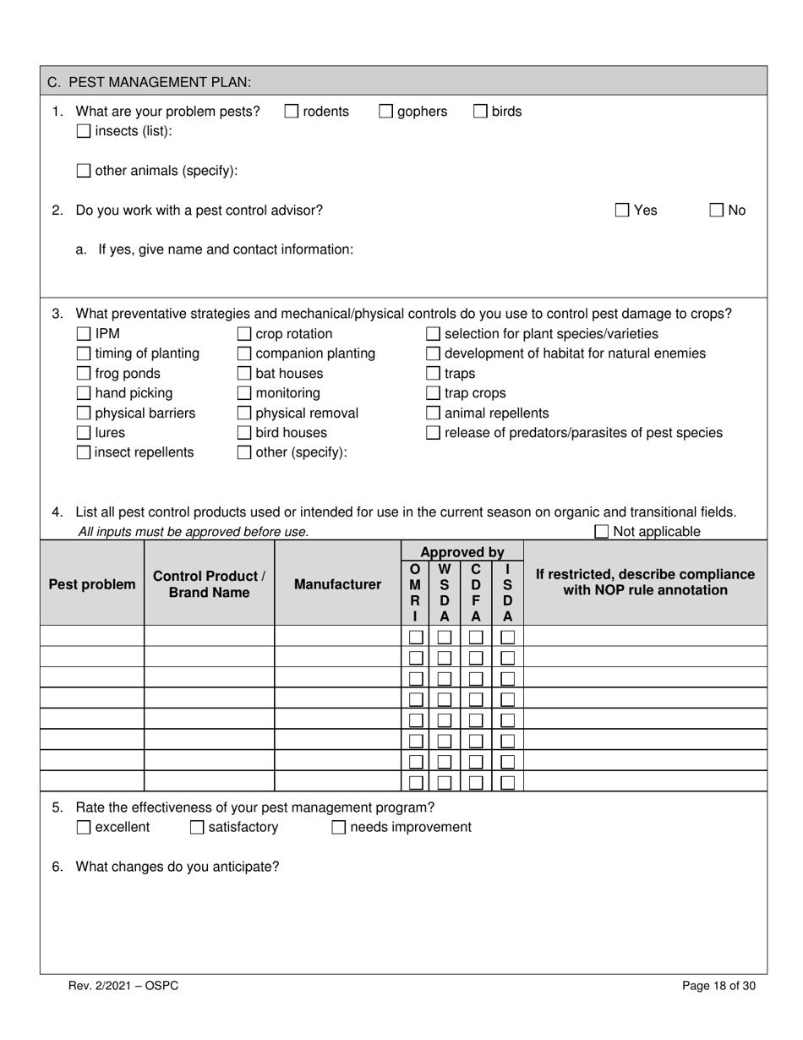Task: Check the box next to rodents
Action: tap(291, 112)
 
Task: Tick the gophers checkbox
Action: tap(385, 112)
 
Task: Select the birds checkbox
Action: tap(480, 112)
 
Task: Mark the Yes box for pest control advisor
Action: tap(622, 211)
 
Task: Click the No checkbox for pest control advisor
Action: tap(717, 211)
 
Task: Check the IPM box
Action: tap(84, 334)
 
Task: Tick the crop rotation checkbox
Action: tap(244, 334)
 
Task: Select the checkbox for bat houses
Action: tap(244, 374)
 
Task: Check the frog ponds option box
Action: tap(84, 374)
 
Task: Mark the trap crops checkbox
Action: tap(433, 393)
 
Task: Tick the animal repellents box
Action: tap(433, 413)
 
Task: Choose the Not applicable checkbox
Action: tap(602, 532)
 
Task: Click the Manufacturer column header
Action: tap(337, 584)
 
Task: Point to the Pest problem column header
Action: tap(91, 584)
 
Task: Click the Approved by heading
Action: tap(462, 552)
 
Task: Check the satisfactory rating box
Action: tap(197, 828)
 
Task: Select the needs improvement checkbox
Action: tap(339, 828)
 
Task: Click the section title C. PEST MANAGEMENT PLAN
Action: tap(149, 82)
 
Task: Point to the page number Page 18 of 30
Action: tap(718, 985)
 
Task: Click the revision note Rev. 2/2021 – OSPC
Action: tap(123, 985)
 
